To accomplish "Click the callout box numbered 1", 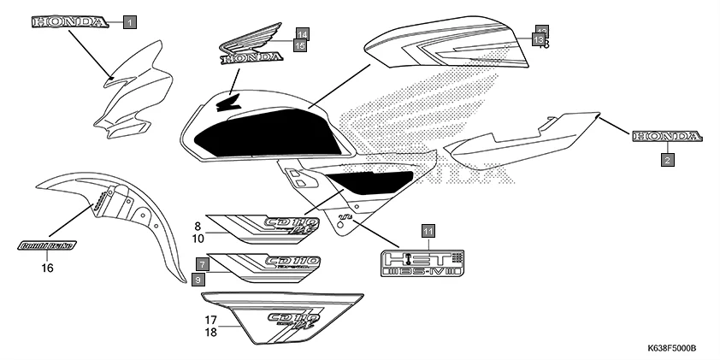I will point(128,23).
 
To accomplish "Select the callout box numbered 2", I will point(668,158).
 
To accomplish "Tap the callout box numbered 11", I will point(428,231).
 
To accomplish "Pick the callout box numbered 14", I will point(302,34).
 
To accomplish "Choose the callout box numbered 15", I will point(299,46).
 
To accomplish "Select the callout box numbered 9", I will point(198,280).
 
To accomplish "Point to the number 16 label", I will point(47,268).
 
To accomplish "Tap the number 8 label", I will point(198,227).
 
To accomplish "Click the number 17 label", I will point(210,319).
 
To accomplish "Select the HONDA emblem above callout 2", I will point(667,137).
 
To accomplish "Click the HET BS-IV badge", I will point(422,263).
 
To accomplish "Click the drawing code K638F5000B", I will point(671,349).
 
